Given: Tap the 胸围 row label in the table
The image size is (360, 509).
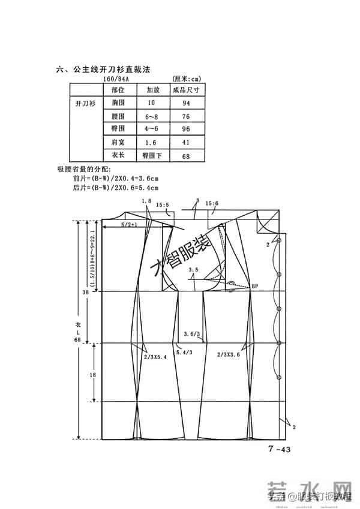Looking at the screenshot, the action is point(118,103).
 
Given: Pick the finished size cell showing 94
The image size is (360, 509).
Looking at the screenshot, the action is point(185,103).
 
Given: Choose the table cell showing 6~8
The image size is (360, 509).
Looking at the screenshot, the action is point(146,116).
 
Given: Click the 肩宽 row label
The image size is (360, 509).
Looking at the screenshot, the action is point(118,142).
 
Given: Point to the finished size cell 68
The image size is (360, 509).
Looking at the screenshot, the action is point(185,156).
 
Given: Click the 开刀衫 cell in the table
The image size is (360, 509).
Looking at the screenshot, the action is point(85,103).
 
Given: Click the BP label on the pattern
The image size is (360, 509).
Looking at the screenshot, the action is point(254,286).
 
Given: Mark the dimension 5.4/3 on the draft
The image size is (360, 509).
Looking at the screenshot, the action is point(184,353).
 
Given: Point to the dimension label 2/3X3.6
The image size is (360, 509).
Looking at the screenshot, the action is point(229,355).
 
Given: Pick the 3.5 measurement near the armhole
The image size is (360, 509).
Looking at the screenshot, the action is point(192,270).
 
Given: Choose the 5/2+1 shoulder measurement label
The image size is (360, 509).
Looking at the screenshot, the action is point(129,224).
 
